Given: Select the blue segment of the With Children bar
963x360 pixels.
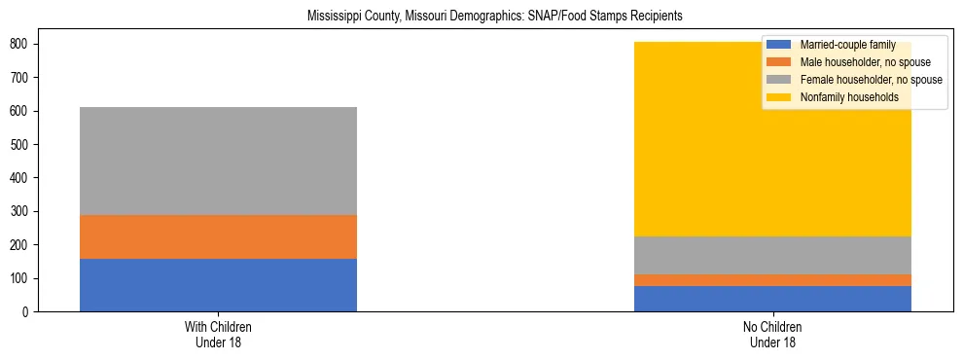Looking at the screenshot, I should click(218, 285).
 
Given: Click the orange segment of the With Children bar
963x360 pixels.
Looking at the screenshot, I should click(218, 236).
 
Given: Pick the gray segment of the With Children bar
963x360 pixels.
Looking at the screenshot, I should click(218, 161).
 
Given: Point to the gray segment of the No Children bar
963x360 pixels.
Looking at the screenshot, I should click(772, 255).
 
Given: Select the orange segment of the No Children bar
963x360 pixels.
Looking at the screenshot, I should click(772, 280).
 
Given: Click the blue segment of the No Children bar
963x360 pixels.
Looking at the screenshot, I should click(772, 299).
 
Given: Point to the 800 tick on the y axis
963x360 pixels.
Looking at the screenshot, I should click(20, 44).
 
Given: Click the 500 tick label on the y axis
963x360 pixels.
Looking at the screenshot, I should click(20, 144).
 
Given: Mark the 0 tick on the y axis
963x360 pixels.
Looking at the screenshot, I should click(26, 311).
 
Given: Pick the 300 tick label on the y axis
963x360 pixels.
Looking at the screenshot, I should click(20, 211).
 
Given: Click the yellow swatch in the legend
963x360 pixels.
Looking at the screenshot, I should click(778, 97).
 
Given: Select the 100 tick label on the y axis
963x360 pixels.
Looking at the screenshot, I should click(20, 278).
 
